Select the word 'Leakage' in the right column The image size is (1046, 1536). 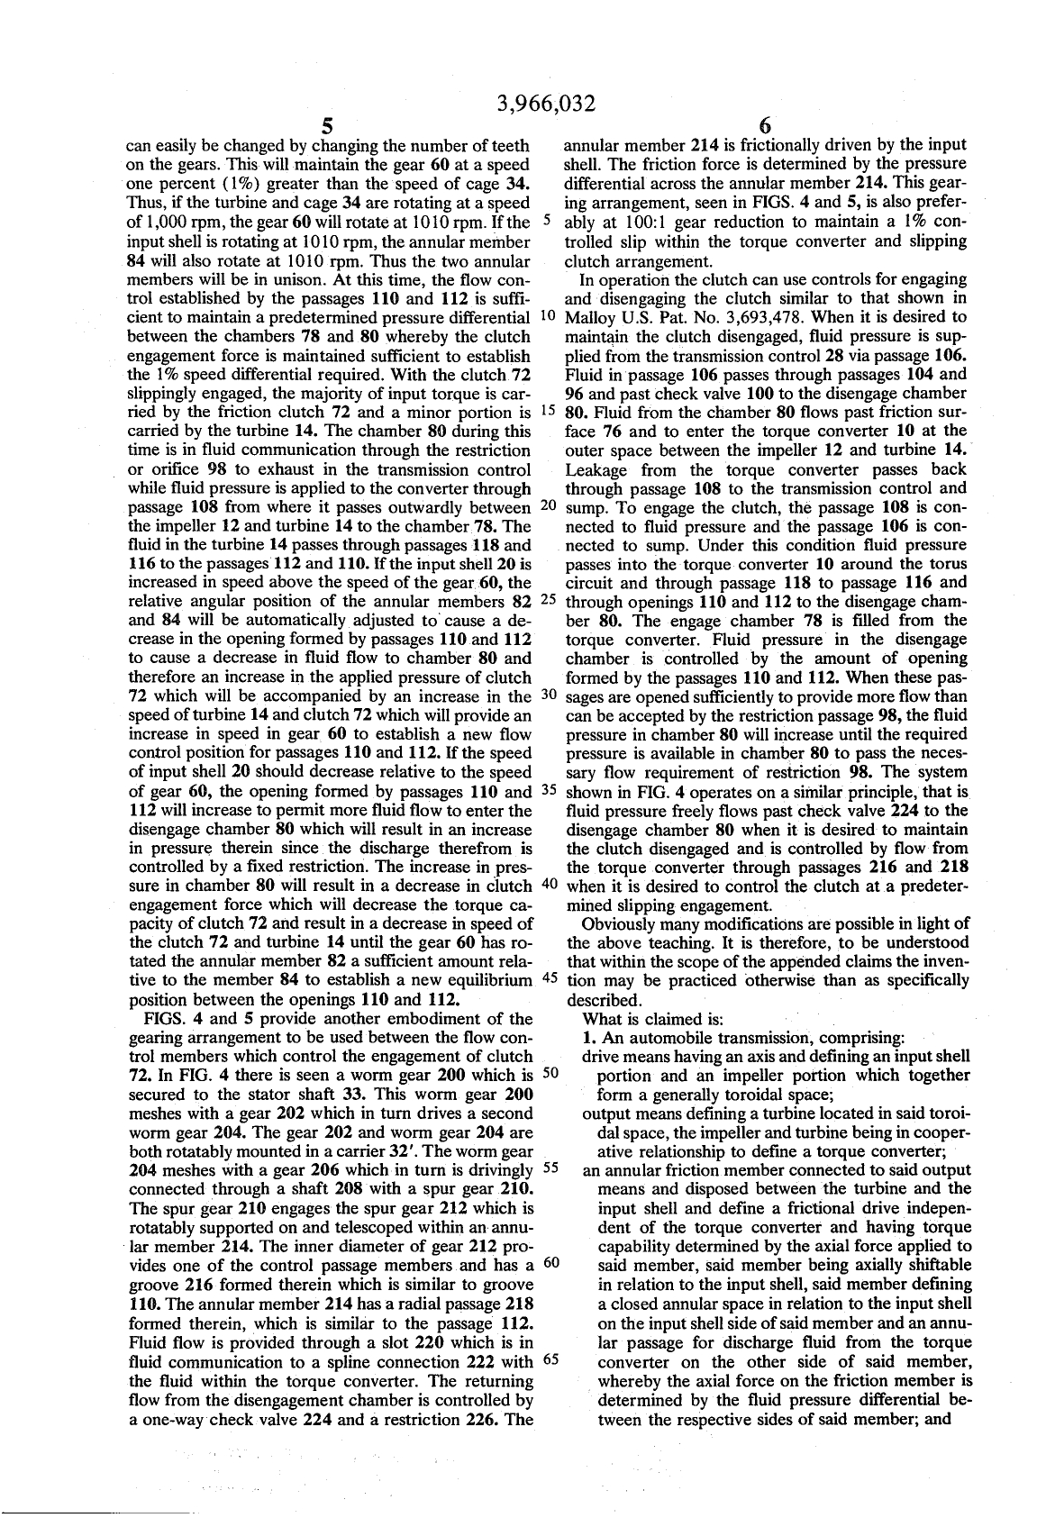coord(596,468)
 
